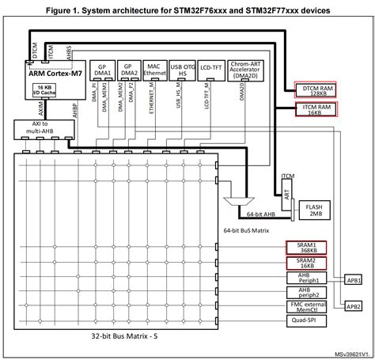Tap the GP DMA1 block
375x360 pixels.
pyautogui.click(x=103, y=69)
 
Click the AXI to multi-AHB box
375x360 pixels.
pyautogui.click(x=33, y=130)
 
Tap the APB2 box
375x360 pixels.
pyautogui.click(x=353, y=305)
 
